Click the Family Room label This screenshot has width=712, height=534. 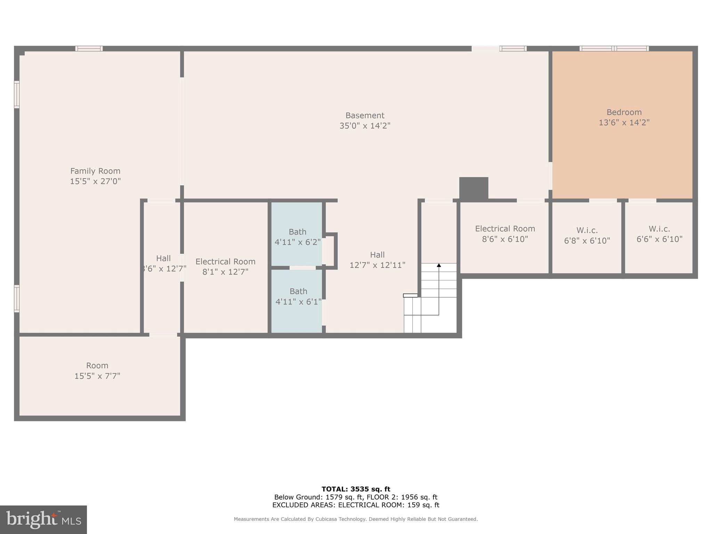[95, 171]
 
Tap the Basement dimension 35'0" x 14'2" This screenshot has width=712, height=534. [365, 126]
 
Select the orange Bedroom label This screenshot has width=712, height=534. [624, 112]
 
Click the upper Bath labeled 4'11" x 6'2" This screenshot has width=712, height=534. [297, 237]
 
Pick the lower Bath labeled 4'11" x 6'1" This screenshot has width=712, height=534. [298, 296]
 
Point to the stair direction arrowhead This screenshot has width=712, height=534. [439, 265]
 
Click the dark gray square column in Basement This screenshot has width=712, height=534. [474, 188]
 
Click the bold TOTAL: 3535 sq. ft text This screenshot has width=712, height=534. [356, 489]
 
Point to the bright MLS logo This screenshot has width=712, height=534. [43, 519]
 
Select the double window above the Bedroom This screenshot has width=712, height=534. [614, 49]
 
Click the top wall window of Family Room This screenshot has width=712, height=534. [89, 49]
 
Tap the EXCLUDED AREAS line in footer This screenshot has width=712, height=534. [356, 505]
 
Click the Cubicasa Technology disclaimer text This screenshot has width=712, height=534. [356, 519]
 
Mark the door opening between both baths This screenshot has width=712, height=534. [302, 268]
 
